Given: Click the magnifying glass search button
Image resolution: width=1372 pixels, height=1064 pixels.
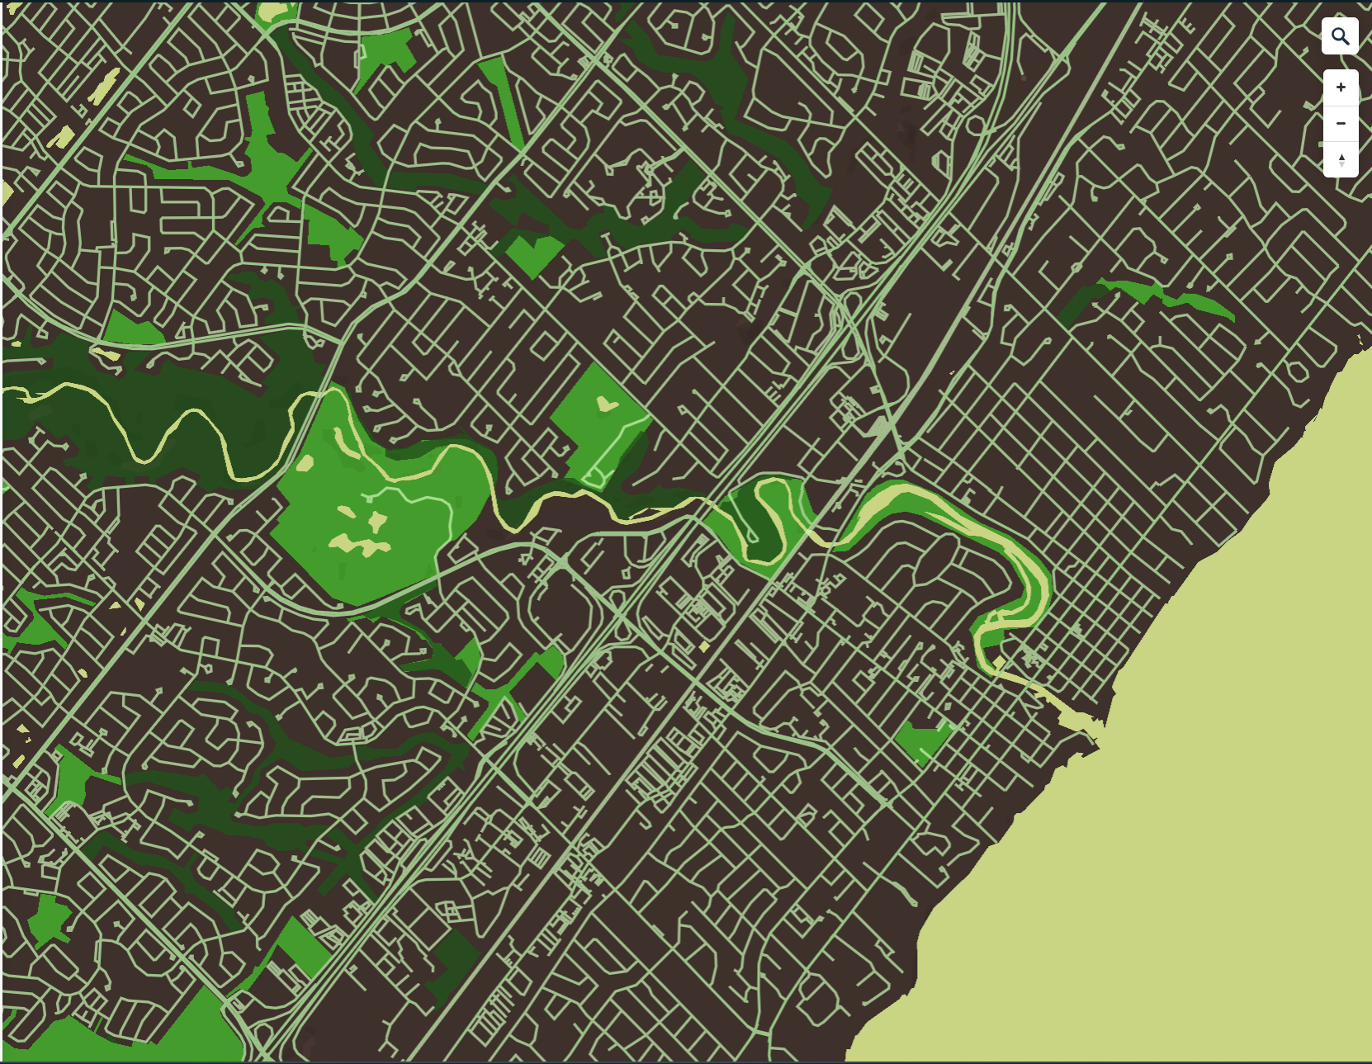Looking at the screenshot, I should (x=1340, y=36).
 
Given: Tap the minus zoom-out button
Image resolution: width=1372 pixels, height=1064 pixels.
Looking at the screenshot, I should (x=1341, y=124).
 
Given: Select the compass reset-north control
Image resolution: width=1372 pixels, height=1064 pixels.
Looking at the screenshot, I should (x=1341, y=159).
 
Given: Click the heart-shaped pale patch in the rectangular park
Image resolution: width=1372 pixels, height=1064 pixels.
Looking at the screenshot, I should (x=607, y=404).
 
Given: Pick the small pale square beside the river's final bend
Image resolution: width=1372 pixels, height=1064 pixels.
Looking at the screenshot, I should (x=1000, y=664).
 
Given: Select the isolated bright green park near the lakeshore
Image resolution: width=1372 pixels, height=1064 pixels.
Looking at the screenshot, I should (x=921, y=738).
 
